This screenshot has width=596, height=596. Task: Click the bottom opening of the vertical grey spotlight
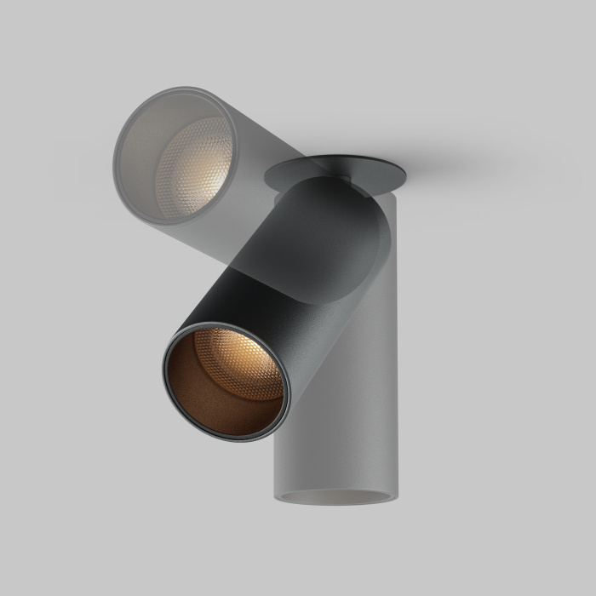pos(336,496)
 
